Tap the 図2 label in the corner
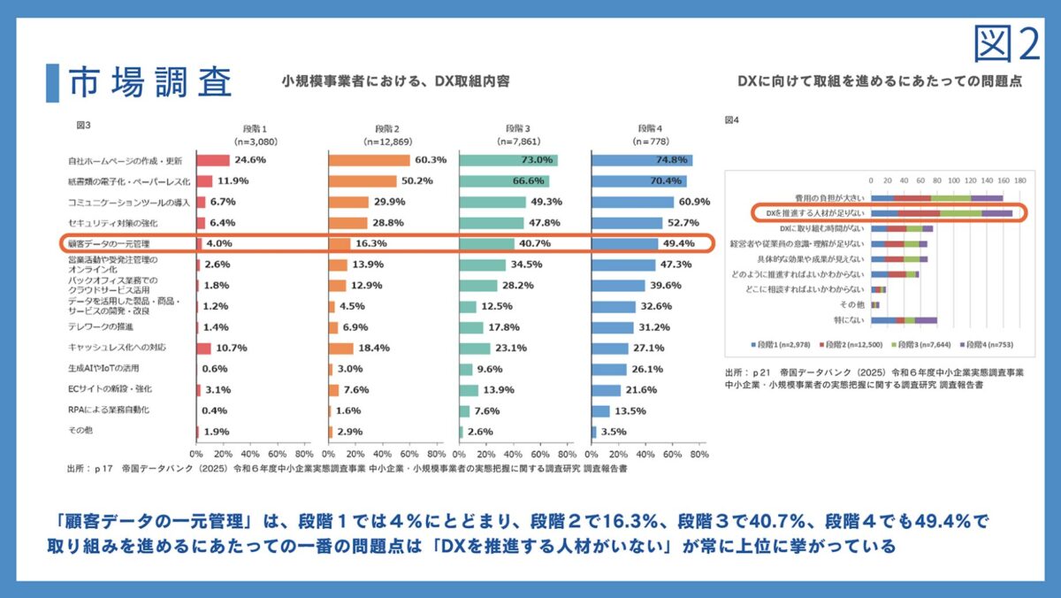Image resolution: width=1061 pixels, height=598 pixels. click(1008, 43)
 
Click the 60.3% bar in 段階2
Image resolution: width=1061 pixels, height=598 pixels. click(369, 160)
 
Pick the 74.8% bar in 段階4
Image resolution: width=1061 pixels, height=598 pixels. click(641, 160)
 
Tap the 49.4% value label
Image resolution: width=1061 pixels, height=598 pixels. click(679, 243)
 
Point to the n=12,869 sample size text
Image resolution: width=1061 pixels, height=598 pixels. click(386, 141)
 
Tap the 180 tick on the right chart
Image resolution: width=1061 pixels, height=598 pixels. click(1019, 180)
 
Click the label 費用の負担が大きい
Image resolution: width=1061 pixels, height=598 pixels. click(827, 198)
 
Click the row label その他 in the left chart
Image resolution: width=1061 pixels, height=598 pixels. click(80, 431)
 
